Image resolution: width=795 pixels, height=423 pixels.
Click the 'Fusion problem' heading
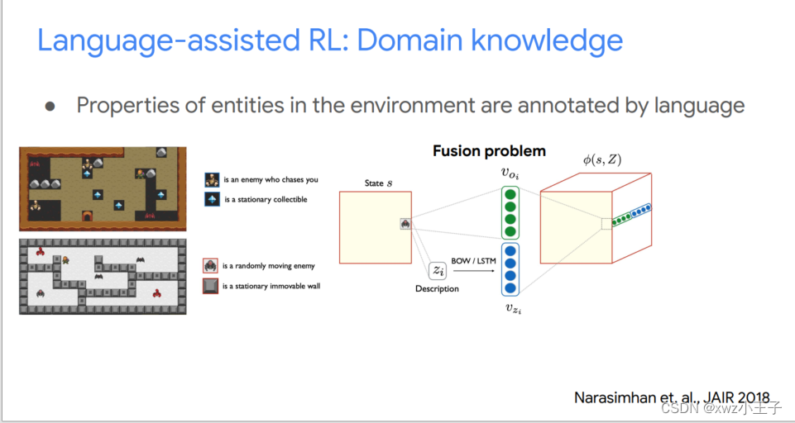click(x=489, y=151)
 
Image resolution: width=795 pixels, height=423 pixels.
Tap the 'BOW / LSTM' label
click(x=474, y=259)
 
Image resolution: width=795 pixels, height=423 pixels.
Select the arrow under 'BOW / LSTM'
click(x=473, y=269)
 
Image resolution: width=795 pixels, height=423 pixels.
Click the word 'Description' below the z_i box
click(x=437, y=288)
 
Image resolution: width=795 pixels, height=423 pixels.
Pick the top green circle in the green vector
click(x=510, y=196)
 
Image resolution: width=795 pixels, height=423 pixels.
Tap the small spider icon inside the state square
click(x=405, y=223)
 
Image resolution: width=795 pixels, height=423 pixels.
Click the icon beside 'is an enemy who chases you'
click(x=212, y=179)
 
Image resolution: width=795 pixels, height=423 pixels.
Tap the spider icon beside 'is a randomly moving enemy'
click(x=211, y=266)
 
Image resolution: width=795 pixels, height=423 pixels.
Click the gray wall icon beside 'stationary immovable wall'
click(x=211, y=287)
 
